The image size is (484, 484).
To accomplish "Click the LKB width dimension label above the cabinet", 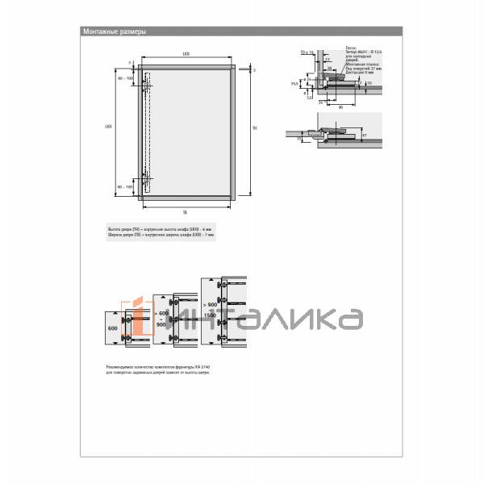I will pos(186,54).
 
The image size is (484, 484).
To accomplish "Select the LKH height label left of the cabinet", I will pos(110,127).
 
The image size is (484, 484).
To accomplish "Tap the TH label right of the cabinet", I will pos(254,129).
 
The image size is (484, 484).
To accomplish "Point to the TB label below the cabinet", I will pos(186,211).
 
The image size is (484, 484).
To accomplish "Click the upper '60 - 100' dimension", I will pos(126,79).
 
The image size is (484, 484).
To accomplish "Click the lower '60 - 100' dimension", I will pos(126,186).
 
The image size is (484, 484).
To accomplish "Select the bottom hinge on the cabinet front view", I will pos(146,181).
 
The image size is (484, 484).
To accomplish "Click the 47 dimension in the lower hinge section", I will pos(364,136).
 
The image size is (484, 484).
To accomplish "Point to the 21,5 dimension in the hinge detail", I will pos(295,83).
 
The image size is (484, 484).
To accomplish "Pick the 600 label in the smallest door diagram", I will pos(112,329).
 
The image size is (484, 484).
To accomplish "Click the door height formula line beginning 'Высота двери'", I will pos(159,230).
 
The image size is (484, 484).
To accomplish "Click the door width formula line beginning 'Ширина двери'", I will pos(159,236).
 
